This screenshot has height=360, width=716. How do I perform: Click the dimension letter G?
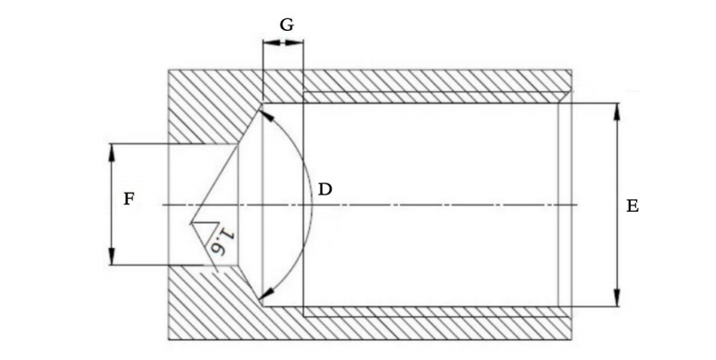click(286, 25)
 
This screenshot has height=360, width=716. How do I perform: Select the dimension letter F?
click(129, 199)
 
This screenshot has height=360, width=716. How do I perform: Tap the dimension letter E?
click(632, 206)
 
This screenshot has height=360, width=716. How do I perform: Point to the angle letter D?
click(324, 189)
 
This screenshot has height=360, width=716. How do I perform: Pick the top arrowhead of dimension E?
click(617, 111)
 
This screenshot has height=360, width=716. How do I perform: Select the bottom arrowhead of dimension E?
click(617, 298)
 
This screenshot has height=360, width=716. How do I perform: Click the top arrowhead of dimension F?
click(112, 152)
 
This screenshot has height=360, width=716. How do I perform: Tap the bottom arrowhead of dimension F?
click(112, 256)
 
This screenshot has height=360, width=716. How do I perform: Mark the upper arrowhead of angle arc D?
click(267, 115)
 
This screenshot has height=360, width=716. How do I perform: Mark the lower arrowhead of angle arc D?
click(266, 294)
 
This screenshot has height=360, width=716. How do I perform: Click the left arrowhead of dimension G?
click(272, 43)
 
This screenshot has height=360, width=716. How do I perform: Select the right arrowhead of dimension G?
click(294, 43)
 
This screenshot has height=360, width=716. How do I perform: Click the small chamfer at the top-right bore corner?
click(565, 97)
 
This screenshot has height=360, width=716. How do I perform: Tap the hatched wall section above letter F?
click(201, 106)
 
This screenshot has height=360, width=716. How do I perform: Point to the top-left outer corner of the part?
click(169, 70)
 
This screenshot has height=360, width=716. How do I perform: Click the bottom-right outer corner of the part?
click(572, 340)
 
